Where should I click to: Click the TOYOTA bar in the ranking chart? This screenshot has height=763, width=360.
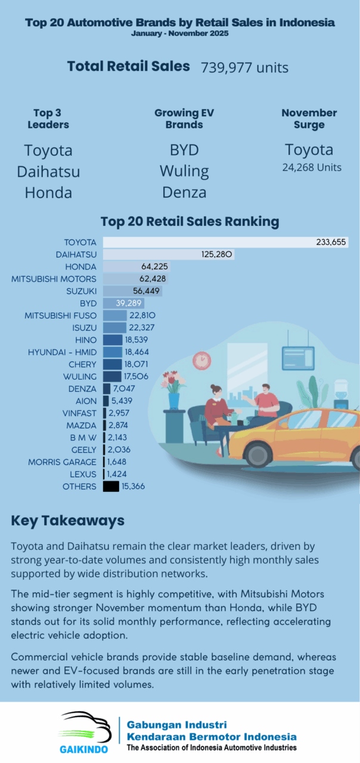209,242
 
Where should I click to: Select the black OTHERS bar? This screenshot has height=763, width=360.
111,486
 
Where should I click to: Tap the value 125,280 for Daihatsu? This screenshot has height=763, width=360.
218,255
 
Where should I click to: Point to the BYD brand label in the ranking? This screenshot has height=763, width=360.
88,303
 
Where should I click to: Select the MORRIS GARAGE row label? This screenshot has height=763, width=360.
62,462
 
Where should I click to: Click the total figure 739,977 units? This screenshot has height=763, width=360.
244,67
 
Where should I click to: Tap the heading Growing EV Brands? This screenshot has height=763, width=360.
184,119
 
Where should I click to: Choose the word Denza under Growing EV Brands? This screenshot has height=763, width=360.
184,193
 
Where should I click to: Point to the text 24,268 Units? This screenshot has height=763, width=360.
312,168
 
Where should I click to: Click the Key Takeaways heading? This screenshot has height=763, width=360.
67,520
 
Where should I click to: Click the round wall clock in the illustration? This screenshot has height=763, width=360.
202,359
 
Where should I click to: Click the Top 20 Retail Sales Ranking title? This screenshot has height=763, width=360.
190,222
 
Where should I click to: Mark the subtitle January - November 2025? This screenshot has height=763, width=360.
180,34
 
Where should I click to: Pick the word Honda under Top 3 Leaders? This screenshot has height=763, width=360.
48,193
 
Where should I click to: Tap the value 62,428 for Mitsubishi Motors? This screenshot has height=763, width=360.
153,279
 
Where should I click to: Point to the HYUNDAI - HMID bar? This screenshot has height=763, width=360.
113,352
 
